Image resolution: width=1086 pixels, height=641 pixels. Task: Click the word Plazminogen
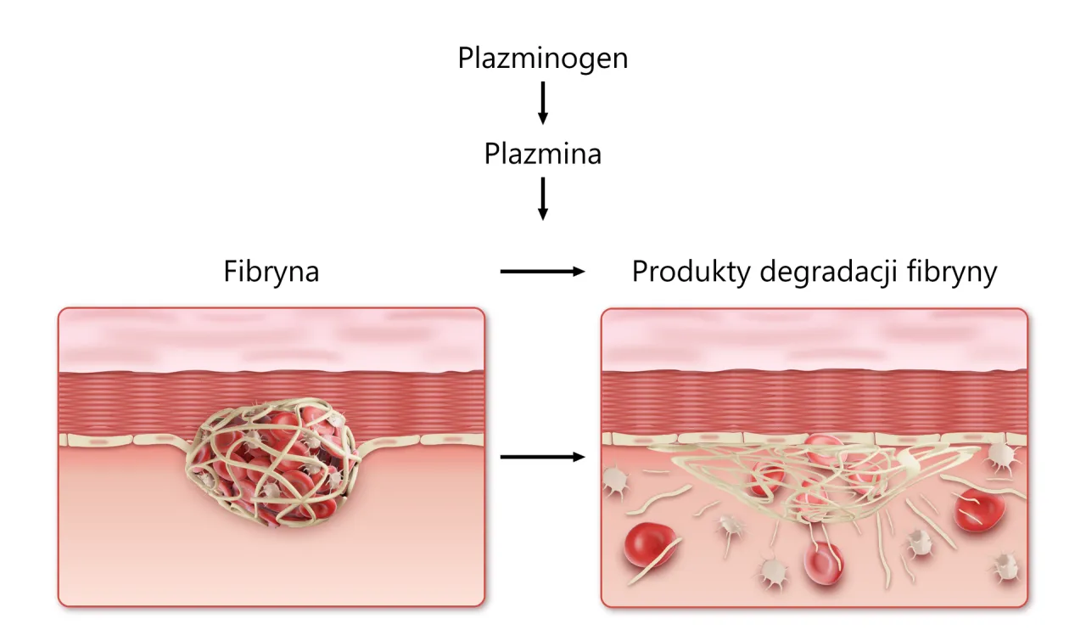543,59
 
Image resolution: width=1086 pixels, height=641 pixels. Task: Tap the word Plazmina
543,154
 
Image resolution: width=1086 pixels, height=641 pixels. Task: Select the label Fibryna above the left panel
271,272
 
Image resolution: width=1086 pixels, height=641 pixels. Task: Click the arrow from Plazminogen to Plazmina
543,103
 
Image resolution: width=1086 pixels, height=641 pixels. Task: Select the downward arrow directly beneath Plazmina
543,200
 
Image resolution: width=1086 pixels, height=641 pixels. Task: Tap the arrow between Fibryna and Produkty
543,272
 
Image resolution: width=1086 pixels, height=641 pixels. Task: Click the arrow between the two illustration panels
543,458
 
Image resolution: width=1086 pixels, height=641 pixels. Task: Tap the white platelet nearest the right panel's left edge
614,481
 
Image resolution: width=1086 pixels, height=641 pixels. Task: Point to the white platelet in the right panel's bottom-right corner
1005,565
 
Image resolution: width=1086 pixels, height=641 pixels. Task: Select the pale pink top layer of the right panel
814,340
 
